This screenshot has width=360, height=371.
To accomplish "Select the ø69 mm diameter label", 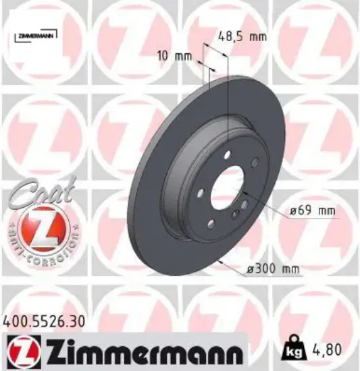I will pos(312,211).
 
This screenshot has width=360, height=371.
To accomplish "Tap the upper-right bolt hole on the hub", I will pos(255,162).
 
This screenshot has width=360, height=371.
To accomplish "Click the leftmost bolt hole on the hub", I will pos(200,195).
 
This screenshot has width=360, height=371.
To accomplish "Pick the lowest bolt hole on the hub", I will pos(211,224).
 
